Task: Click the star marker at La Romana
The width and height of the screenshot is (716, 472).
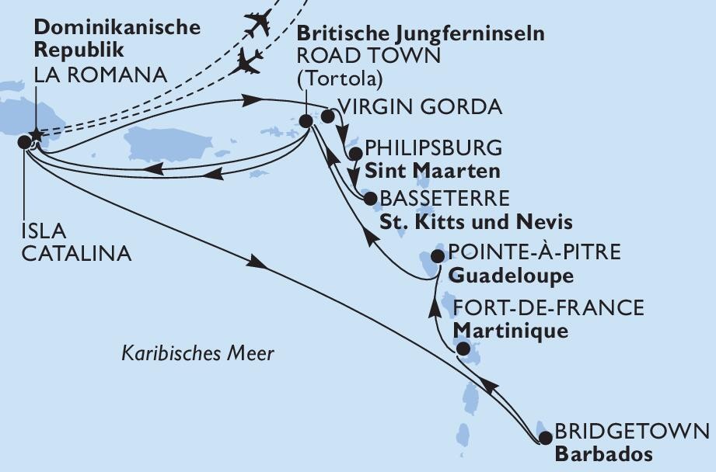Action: (34, 136)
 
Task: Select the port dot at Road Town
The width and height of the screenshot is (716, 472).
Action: (306, 121)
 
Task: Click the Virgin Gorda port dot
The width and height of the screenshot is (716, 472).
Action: (327, 116)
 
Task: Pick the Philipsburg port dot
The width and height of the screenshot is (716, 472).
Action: (354, 154)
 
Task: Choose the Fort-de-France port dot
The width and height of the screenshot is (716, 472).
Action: (462, 349)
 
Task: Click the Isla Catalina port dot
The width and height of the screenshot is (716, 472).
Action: (24, 141)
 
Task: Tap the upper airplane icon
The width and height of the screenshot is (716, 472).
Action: (257, 23)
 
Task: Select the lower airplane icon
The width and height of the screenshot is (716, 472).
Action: (249, 61)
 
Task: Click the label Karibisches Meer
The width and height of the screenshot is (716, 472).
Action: (198, 354)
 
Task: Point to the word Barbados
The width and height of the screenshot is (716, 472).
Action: (603, 455)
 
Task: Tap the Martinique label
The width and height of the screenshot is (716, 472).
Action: (510, 330)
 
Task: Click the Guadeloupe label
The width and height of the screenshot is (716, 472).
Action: (512, 276)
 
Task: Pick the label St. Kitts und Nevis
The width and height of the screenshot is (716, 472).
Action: (476, 223)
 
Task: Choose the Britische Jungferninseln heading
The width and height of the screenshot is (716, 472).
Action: (421, 33)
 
